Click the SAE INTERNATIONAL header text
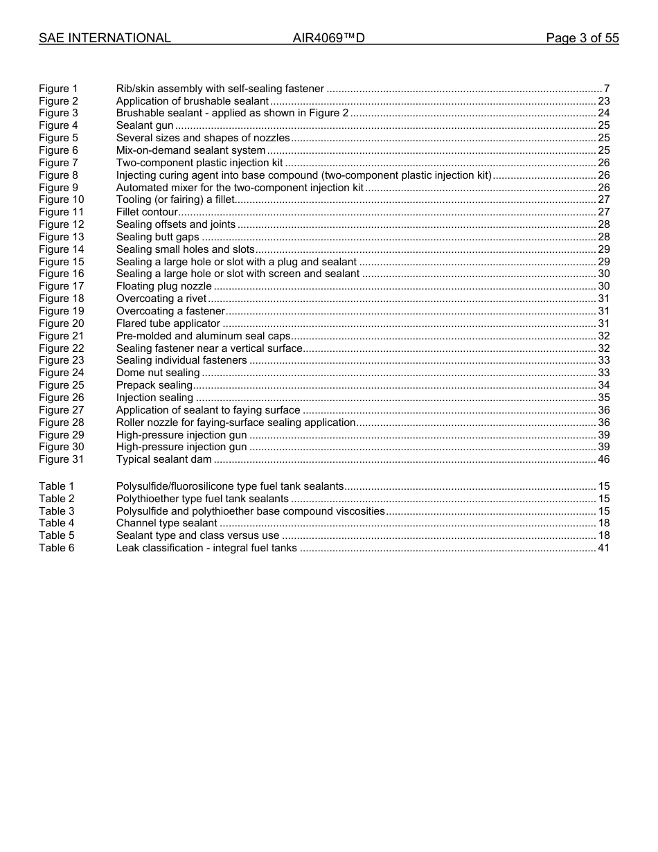pos(105,39)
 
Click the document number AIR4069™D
pos(328,39)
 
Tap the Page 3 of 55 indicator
pos(582,39)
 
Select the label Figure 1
pos(58,89)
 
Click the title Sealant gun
pos(145,125)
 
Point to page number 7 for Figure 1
pos(606,89)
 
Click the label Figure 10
pos(61,199)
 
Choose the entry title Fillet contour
pos(147,212)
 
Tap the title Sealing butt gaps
pos(157,237)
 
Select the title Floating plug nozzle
pos(163,286)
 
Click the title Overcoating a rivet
pos(161,299)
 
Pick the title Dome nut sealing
pos(158,373)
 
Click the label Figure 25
pos(61,385)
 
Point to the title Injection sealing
pos(154,398)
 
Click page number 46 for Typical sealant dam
pos(603,459)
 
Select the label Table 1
pos(56,486)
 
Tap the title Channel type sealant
pos(166,523)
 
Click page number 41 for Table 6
pos(603,548)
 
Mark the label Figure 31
pos(61,459)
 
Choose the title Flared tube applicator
pos(168,323)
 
